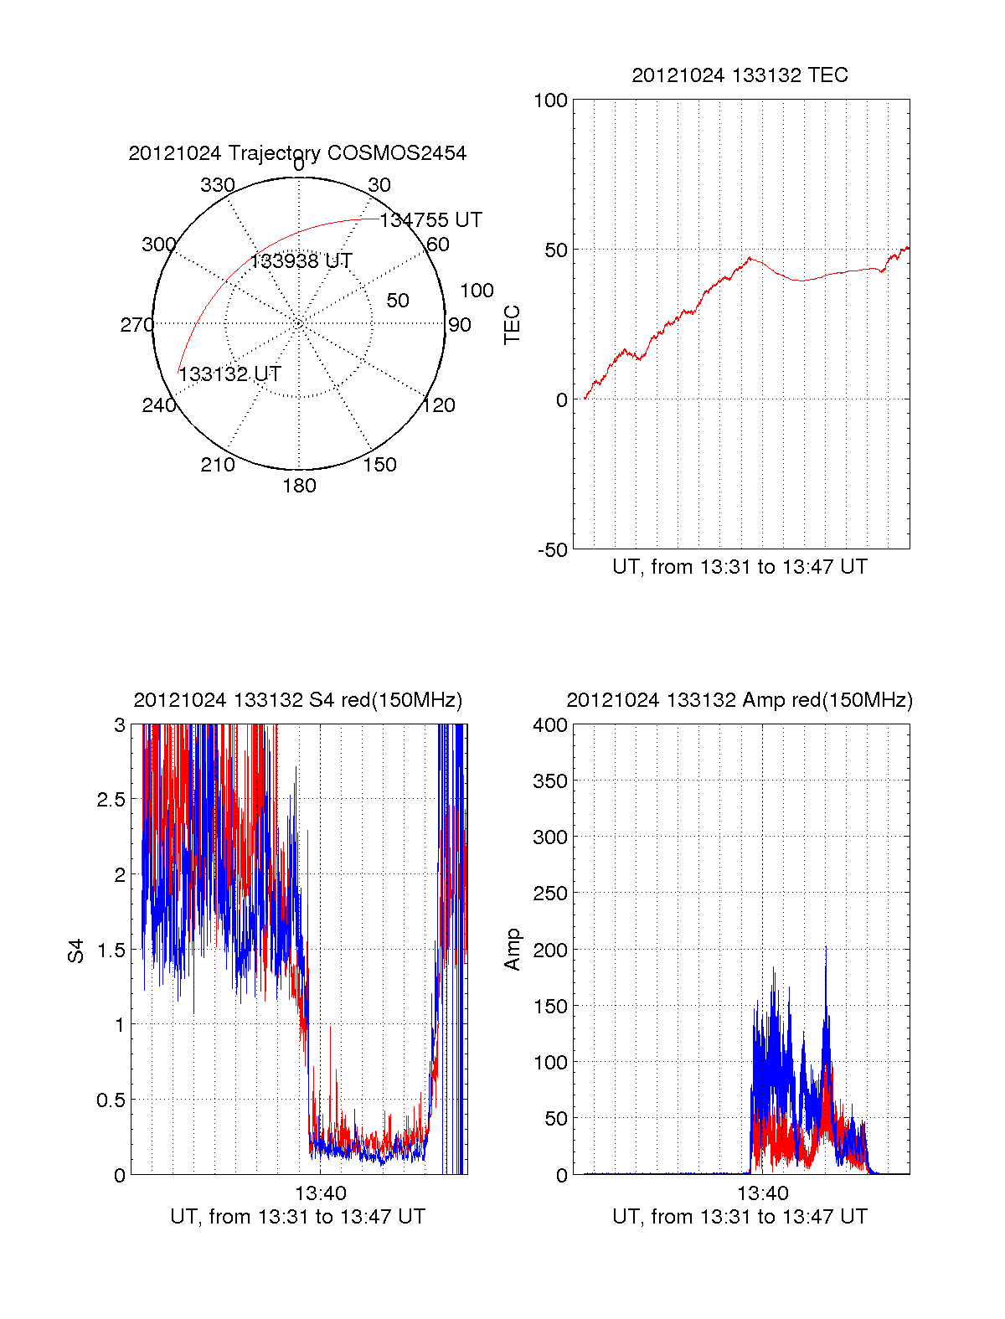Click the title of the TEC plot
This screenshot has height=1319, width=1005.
[x=740, y=75]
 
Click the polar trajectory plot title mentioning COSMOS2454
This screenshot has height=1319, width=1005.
[x=297, y=153]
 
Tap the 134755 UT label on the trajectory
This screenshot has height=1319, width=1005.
[x=430, y=220]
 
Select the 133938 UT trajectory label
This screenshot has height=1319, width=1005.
[x=301, y=261]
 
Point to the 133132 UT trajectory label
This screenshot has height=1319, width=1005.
[x=229, y=374]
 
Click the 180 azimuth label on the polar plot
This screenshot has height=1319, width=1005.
[x=299, y=486]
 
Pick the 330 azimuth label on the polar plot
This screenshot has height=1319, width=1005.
[x=217, y=185]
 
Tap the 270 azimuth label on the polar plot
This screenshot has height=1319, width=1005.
[x=137, y=325]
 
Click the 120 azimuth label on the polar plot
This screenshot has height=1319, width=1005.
[x=439, y=406]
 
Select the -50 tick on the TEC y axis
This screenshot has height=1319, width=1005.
[x=553, y=550]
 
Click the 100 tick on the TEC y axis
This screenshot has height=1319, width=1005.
[x=550, y=100]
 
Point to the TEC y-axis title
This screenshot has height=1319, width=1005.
[x=512, y=325]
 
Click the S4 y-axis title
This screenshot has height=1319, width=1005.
[x=76, y=951]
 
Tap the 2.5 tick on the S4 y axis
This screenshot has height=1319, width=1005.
[x=111, y=800]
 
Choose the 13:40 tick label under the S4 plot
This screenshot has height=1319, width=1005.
[x=320, y=1193]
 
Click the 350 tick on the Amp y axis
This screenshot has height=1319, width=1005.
[x=550, y=781]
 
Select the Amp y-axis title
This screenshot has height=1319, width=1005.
[x=512, y=950]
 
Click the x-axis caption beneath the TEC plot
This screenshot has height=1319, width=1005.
[x=740, y=567]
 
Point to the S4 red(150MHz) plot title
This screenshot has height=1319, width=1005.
[x=297, y=700]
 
